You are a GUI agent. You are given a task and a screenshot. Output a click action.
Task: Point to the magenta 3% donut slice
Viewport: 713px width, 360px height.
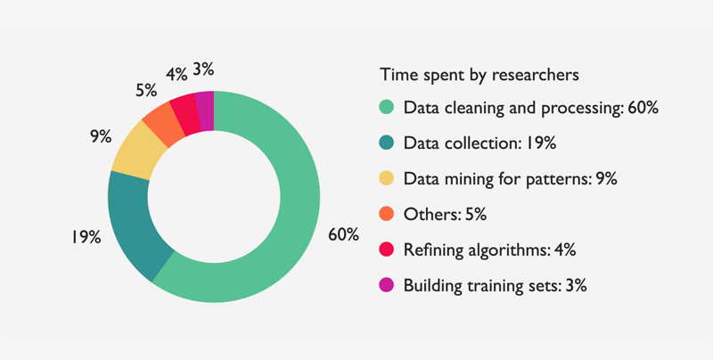click(x=205, y=110)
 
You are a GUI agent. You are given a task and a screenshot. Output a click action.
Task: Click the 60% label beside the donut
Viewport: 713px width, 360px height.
click(x=344, y=234)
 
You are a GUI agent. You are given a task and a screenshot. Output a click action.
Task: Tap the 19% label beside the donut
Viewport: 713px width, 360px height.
click(x=85, y=237)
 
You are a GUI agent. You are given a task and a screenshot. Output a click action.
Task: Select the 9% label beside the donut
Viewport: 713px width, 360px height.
click(x=101, y=136)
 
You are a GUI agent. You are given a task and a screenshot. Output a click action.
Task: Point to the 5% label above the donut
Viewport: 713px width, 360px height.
click(x=146, y=91)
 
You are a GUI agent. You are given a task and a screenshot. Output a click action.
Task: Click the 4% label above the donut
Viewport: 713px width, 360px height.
click(x=176, y=74)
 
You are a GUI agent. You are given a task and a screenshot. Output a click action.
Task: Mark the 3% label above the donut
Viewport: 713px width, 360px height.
click(x=203, y=70)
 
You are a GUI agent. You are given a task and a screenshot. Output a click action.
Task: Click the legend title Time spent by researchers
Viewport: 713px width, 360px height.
click(x=479, y=75)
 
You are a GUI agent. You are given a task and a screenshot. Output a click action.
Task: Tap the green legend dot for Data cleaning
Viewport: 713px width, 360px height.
click(x=387, y=108)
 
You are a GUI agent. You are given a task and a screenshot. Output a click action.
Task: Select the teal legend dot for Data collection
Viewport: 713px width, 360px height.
click(x=387, y=143)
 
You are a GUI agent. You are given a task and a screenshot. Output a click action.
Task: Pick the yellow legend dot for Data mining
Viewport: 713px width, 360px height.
click(x=387, y=178)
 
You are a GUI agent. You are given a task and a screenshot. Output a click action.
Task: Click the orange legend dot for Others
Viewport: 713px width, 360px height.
click(x=387, y=214)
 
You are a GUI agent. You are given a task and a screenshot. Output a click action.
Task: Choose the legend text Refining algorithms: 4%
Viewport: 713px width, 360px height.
click(x=489, y=250)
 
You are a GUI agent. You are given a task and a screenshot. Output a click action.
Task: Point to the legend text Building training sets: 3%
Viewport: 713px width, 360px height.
click(x=496, y=286)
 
